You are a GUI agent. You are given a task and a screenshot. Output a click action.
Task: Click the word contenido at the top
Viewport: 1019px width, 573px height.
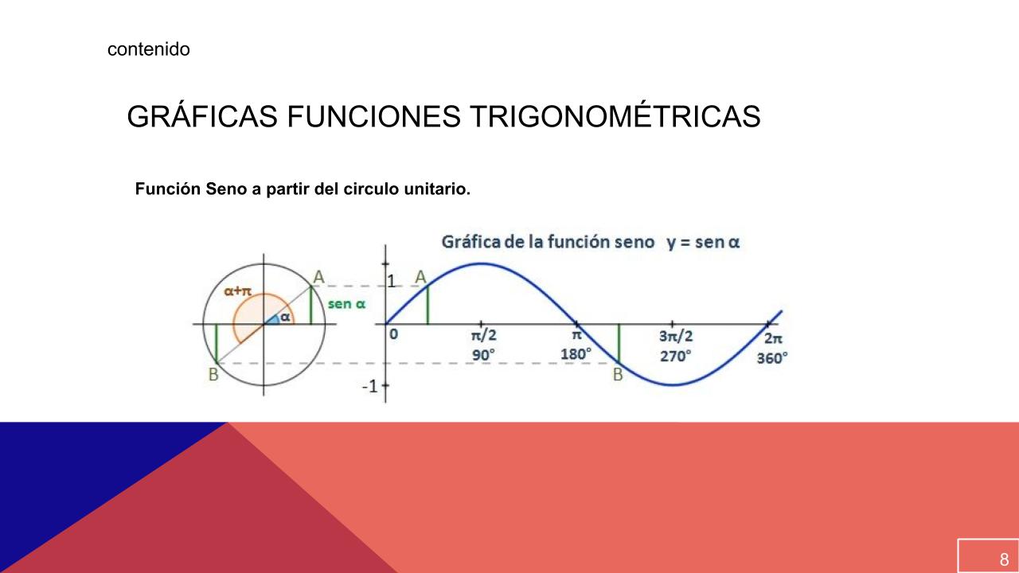point(149,49)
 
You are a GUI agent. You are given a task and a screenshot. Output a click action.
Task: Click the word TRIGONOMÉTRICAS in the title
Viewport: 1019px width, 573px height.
point(615,116)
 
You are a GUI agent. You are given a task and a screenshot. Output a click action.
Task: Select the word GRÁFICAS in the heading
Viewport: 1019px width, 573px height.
point(202,116)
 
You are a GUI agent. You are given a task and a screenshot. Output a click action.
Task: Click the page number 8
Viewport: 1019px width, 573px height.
point(1004,559)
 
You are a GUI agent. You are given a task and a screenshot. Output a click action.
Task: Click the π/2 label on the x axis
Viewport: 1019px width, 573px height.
point(483,336)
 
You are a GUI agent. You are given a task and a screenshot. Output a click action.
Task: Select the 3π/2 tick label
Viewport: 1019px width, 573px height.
point(676,336)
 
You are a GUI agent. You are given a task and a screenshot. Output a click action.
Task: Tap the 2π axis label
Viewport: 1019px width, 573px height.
point(773,338)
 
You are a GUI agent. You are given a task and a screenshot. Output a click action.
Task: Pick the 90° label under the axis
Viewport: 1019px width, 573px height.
point(483,355)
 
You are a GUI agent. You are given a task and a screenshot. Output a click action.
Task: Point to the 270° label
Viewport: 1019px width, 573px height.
point(676,356)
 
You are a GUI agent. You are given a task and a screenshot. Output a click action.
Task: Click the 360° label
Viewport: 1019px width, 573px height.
point(772,358)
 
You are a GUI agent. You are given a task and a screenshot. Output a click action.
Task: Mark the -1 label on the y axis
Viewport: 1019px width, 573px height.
point(370,387)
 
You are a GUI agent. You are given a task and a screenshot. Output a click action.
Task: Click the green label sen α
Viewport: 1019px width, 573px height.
point(346,304)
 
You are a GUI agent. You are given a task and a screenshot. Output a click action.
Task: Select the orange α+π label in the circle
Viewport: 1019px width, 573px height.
point(237,291)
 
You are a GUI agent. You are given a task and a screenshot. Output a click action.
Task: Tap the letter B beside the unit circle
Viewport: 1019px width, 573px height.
point(213,375)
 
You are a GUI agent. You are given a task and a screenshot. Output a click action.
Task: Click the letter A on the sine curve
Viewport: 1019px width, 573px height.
point(420,277)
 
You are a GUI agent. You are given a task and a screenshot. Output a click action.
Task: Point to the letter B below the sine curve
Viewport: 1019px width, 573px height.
point(618,375)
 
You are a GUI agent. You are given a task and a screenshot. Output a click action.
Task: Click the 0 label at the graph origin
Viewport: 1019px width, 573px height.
point(394,334)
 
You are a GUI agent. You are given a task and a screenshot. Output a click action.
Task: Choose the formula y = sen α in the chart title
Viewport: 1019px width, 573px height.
point(703,242)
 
